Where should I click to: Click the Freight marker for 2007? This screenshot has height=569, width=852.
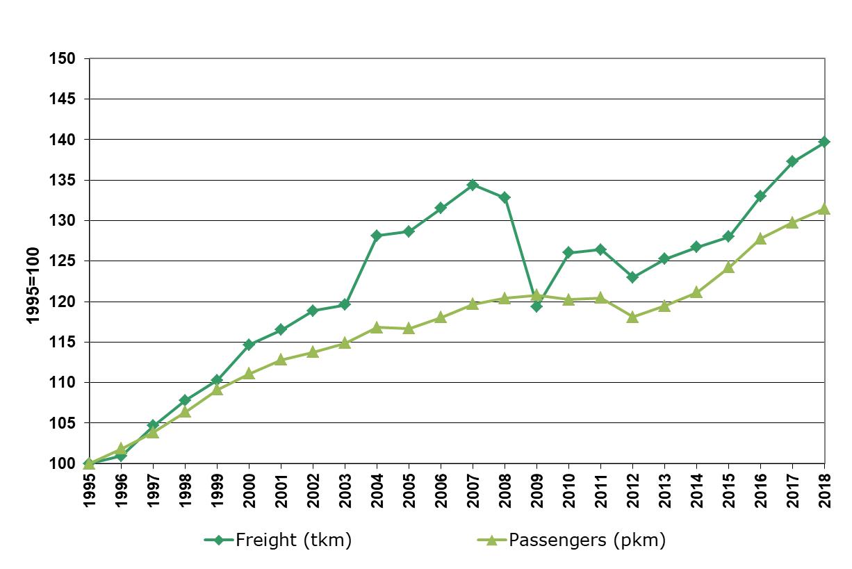(473, 185)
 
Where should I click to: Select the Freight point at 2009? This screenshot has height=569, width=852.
(536, 306)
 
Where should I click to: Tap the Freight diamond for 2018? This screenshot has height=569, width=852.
(824, 142)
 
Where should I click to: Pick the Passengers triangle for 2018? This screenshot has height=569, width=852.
(824, 208)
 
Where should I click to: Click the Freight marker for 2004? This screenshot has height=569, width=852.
(377, 236)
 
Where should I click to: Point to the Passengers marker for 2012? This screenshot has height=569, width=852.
(632, 317)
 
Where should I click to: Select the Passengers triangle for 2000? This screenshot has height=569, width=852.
(249, 374)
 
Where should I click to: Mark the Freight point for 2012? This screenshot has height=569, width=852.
(632, 277)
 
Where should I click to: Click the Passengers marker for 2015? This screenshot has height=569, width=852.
(728, 267)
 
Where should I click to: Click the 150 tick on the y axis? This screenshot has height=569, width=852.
(63, 59)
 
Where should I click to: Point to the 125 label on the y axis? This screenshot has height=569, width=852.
(63, 261)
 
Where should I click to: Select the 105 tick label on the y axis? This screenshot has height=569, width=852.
(63, 423)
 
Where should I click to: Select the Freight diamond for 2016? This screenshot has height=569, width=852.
(760, 196)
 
